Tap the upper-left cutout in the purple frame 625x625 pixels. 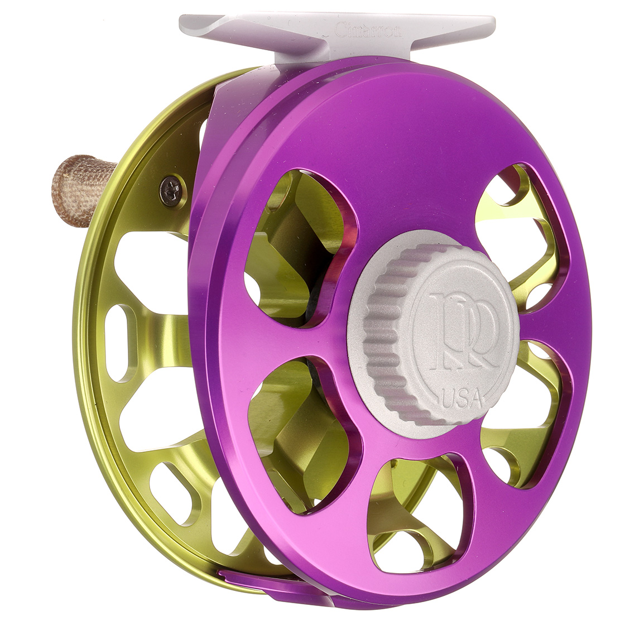click(x=296, y=246)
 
